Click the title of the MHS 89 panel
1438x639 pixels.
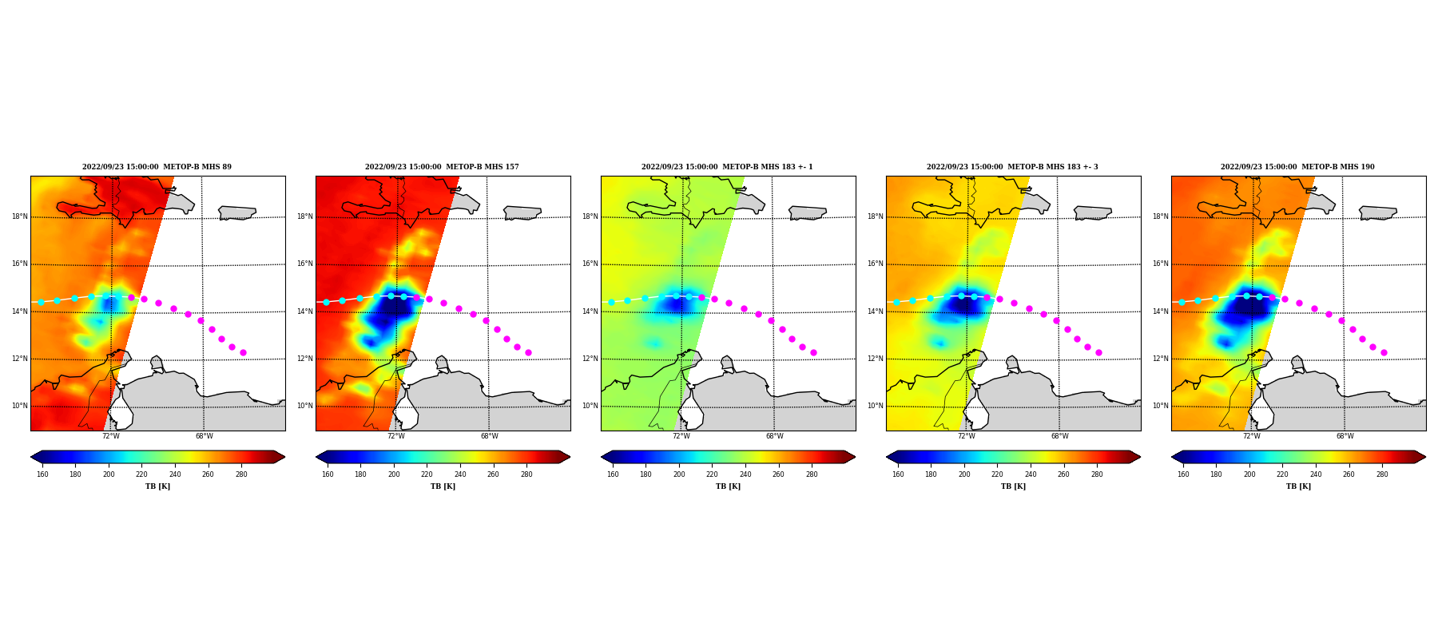[x=157, y=167]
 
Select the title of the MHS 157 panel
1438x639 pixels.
[x=442, y=167]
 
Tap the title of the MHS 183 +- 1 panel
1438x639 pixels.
[x=727, y=167]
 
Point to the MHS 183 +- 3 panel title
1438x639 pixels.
[x=1012, y=167]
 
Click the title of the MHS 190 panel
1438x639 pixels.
[x=1297, y=167]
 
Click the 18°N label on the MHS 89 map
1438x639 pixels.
[x=19, y=216]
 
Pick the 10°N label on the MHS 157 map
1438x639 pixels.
[x=304, y=406]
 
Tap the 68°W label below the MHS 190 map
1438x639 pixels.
[x=1345, y=436]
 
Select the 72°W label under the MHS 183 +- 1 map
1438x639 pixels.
[x=681, y=436]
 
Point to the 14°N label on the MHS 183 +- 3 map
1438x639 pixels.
[x=875, y=312]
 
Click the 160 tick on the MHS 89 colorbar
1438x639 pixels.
[x=42, y=474]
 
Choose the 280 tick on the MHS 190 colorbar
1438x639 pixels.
[x=1382, y=474]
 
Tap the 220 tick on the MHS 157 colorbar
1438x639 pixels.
[x=427, y=474]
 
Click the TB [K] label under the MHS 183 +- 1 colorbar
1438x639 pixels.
[x=728, y=486]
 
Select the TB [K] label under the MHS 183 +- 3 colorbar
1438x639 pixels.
[x=1013, y=486]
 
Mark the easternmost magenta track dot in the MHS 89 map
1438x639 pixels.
[x=243, y=352]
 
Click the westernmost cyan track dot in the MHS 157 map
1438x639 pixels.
[x=326, y=302]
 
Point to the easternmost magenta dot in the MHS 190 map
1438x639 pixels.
[x=1384, y=352]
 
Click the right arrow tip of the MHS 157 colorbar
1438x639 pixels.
[x=570, y=457]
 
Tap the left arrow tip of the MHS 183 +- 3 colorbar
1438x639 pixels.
[x=887, y=457]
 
